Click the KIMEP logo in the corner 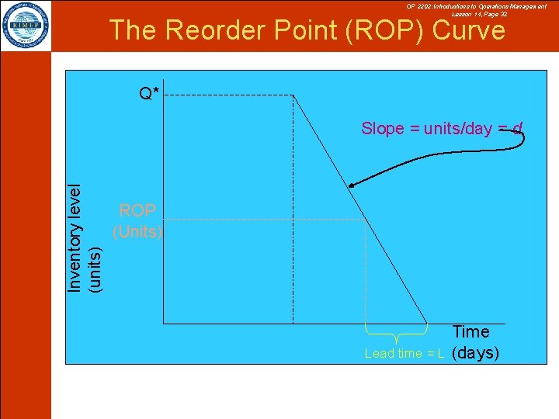26,26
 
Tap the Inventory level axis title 75,239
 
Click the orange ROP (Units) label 137,220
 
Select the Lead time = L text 404,354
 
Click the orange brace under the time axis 397,334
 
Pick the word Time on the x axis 470,332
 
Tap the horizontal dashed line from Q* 229,95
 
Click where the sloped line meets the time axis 428,323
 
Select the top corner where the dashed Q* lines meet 293,95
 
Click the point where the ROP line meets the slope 366,220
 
